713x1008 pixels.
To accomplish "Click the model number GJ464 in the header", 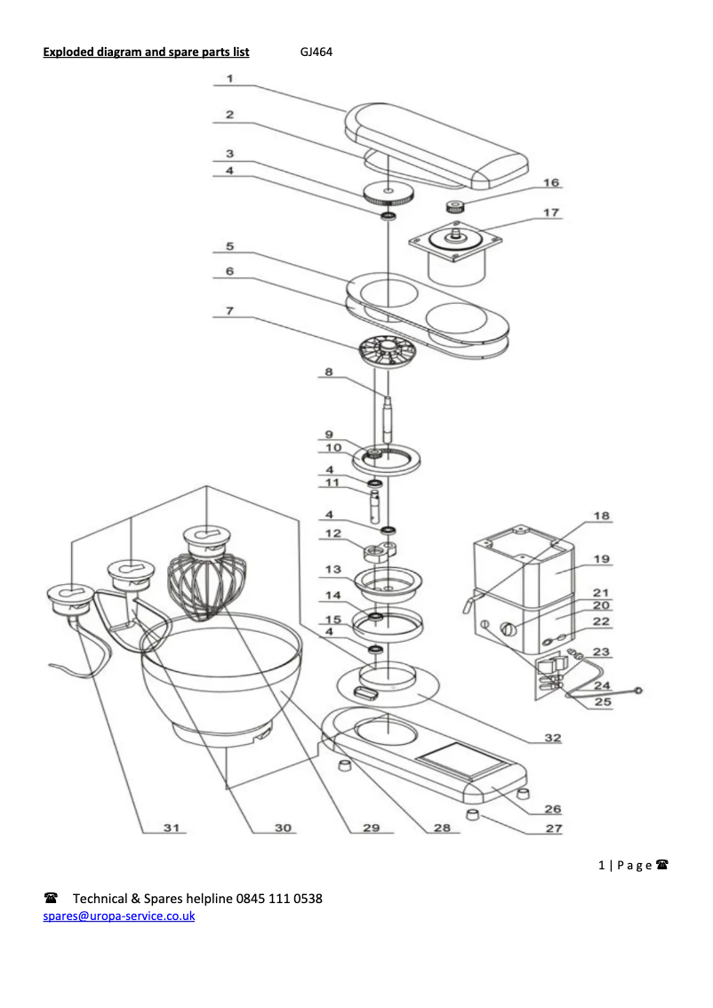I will [x=316, y=52].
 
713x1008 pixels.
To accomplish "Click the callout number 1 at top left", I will [x=229, y=78].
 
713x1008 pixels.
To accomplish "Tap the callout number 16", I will [x=551, y=183].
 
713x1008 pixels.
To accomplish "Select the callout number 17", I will [x=551, y=212].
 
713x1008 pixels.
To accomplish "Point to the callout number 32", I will [x=552, y=737].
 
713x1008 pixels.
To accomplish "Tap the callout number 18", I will [x=602, y=516].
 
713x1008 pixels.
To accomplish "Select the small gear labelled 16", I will [x=458, y=208].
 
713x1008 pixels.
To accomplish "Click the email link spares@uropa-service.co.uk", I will [x=119, y=916].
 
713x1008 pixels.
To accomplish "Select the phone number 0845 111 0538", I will [x=279, y=899].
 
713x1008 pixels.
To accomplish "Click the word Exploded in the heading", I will [x=69, y=52].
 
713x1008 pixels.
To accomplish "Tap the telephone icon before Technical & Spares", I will [x=52, y=899].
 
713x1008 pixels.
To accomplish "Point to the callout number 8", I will [x=328, y=372].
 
